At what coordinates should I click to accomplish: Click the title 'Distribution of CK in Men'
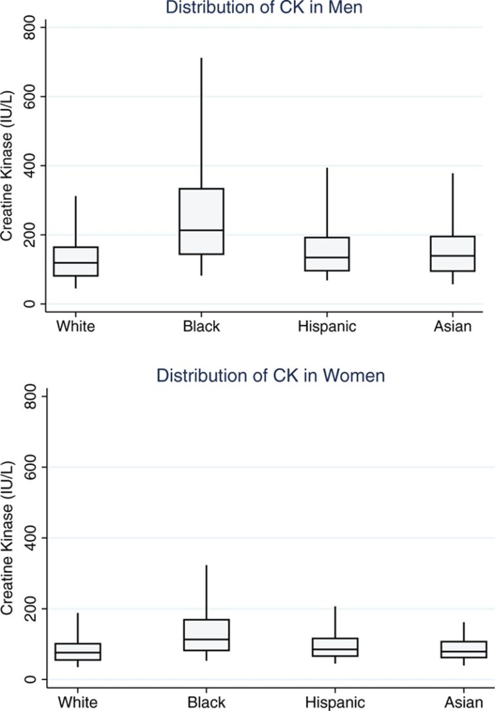coord(265,8)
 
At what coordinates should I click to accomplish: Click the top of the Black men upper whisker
coord(202,59)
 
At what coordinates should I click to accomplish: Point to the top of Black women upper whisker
coord(206,566)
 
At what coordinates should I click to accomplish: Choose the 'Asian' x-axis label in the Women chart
coord(464,702)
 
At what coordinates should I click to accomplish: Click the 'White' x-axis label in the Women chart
coord(76,702)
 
